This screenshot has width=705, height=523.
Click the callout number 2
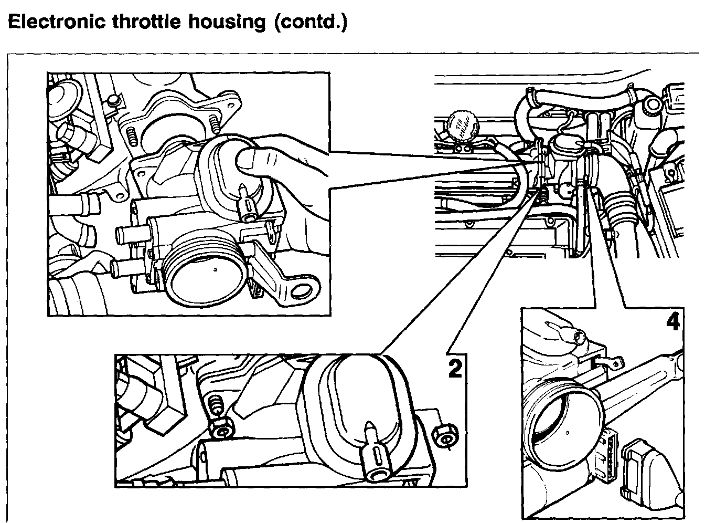pyautogui.click(x=454, y=368)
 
